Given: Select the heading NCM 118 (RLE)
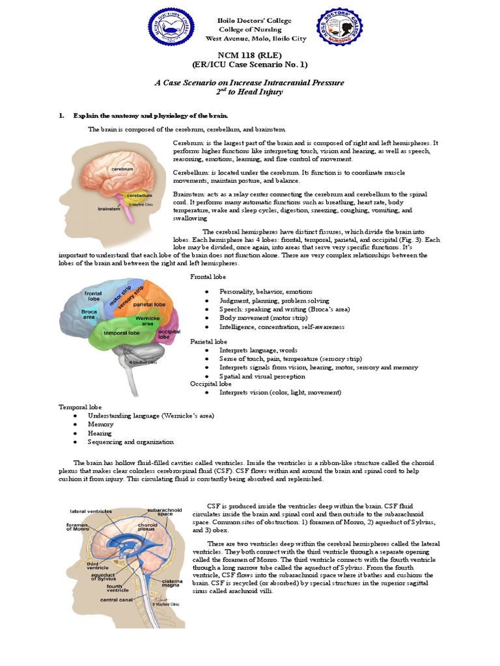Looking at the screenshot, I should [x=250, y=56].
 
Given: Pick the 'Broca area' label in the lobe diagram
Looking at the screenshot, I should [x=89, y=314].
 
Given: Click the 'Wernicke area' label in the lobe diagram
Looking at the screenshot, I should [x=148, y=321].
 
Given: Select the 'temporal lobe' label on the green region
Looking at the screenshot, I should [x=122, y=332].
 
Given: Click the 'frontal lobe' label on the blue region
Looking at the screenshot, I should [x=92, y=297].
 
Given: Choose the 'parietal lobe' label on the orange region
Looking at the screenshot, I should [x=149, y=304].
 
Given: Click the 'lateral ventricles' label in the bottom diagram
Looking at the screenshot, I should [x=90, y=511].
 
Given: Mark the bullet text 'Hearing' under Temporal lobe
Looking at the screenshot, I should [x=100, y=433].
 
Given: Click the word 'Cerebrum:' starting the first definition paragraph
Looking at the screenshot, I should [x=188, y=142].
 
